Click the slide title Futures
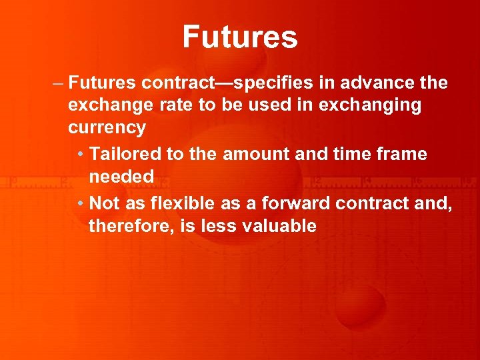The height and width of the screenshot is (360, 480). pyautogui.click(x=240, y=37)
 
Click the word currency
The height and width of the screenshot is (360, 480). pyautogui.click(x=107, y=128)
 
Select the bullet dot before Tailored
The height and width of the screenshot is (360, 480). pyautogui.click(x=80, y=155)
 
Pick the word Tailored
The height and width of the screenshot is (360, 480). pyautogui.click(x=125, y=154)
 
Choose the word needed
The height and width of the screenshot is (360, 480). pyautogui.click(x=121, y=177)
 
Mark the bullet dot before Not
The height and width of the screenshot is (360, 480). pyautogui.click(x=80, y=203)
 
